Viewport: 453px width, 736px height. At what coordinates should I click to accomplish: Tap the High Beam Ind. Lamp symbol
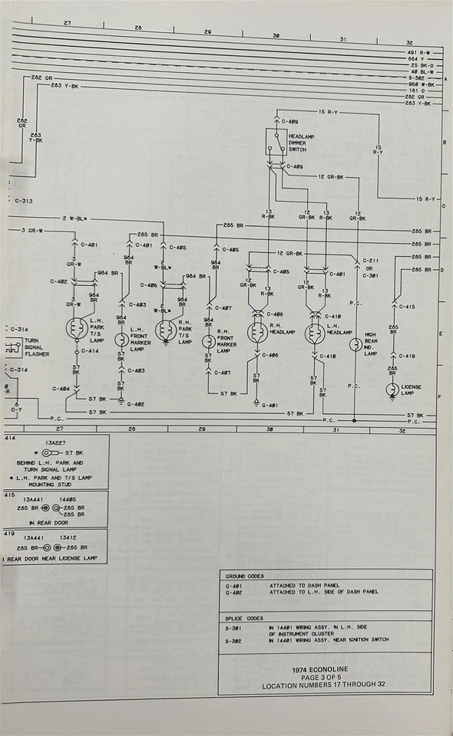355,345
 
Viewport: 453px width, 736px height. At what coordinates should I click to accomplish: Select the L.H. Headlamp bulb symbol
312,334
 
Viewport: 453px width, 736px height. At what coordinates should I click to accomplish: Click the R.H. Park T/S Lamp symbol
164,330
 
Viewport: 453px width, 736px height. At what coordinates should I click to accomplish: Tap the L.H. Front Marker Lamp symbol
121,340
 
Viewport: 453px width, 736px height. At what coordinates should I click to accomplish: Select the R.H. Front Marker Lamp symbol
208,342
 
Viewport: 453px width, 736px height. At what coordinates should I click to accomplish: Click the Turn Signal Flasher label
38,347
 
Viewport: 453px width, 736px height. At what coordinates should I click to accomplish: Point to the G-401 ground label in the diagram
269,405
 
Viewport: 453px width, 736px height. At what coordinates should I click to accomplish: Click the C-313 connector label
24,201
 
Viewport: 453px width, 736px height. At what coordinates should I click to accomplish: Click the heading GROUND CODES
244,576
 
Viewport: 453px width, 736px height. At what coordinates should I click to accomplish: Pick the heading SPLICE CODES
243,617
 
